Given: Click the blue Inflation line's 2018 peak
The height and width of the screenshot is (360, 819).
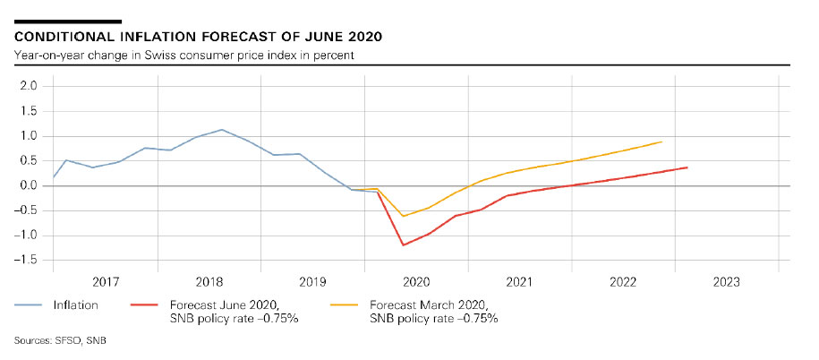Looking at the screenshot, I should pos(222,130).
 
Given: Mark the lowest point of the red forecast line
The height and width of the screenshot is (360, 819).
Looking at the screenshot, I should pos(403,244).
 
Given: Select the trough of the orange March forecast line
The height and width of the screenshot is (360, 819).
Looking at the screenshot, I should pos(403,216).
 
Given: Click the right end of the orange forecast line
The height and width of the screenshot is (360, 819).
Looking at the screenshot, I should pos(661,141).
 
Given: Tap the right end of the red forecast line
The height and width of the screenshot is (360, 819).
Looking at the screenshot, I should pos(687,167).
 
